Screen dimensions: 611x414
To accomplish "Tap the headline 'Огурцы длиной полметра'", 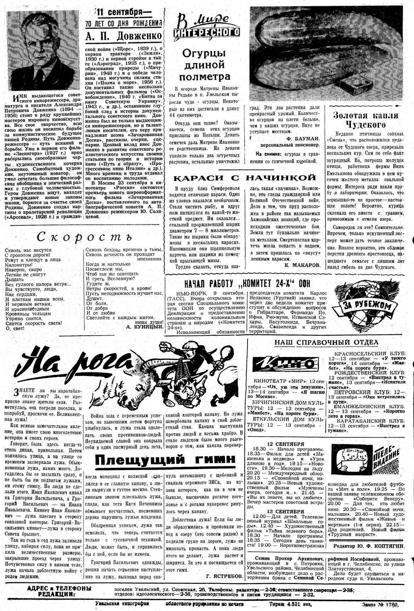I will pyautogui.click(x=204, y=65).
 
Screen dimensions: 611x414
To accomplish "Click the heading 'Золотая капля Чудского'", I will pyautogui.click(x=365, y=120).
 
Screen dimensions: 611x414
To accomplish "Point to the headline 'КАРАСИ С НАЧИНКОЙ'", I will pyautogui.click(x=244, y=177).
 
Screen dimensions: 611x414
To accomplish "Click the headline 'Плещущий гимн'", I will pyautogui.click(x=165, y=459).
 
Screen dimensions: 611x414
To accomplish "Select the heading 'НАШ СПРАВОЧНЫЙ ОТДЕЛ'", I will pyautogui.click(x=326, y=342).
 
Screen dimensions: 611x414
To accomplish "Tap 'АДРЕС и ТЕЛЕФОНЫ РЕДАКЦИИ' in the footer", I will pyautogui.click(x=59, y=591).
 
